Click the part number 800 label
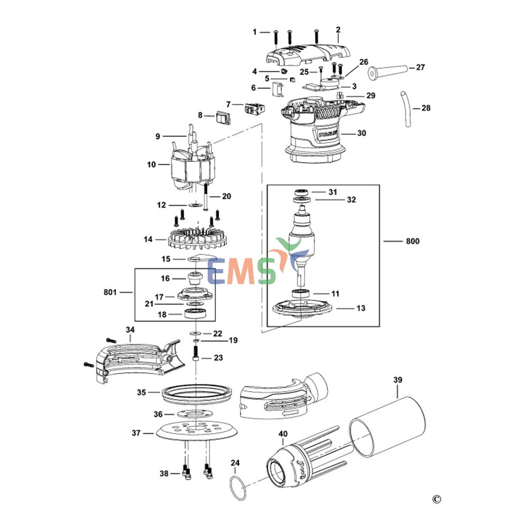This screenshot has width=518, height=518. (x=413, y=241)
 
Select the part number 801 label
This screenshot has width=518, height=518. (x=110, y=292)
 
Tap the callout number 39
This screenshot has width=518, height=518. (x=397, y=380)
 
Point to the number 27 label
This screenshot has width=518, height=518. (x=420, y=67)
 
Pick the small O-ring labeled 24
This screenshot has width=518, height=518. (x=238, y=487)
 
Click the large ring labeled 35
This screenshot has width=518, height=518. (x=196, y=393)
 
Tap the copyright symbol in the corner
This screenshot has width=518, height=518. (x=437, y=499)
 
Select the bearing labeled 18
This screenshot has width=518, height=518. (x=196, y=313)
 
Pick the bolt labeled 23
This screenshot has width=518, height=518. (x=196, y=358)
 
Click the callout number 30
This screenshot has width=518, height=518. (x=361, y=133)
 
